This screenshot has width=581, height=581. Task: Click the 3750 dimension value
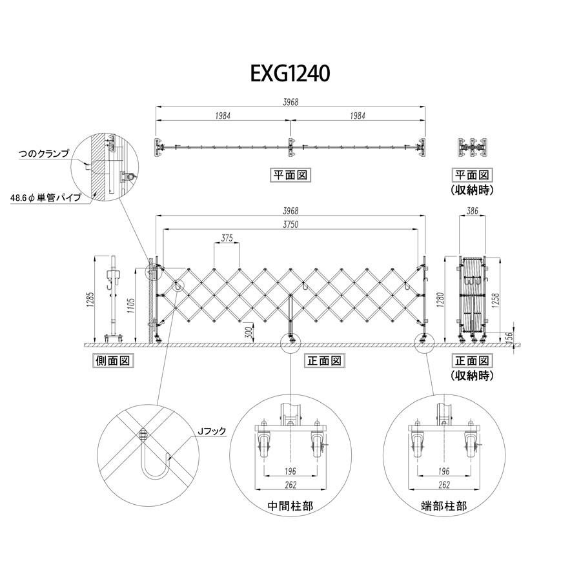click(290, 223)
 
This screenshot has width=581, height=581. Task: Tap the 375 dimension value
click(227, 238)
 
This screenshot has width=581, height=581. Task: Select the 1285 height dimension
click(91, 298)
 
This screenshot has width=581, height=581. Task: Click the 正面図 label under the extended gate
click(323, 361)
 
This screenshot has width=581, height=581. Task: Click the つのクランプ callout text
click(44, 155)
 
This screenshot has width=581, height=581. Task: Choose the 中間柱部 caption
click(290, 506)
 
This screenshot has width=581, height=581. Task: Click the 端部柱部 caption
click(442, 506)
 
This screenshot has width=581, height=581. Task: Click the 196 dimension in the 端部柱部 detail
click(443, 471)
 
